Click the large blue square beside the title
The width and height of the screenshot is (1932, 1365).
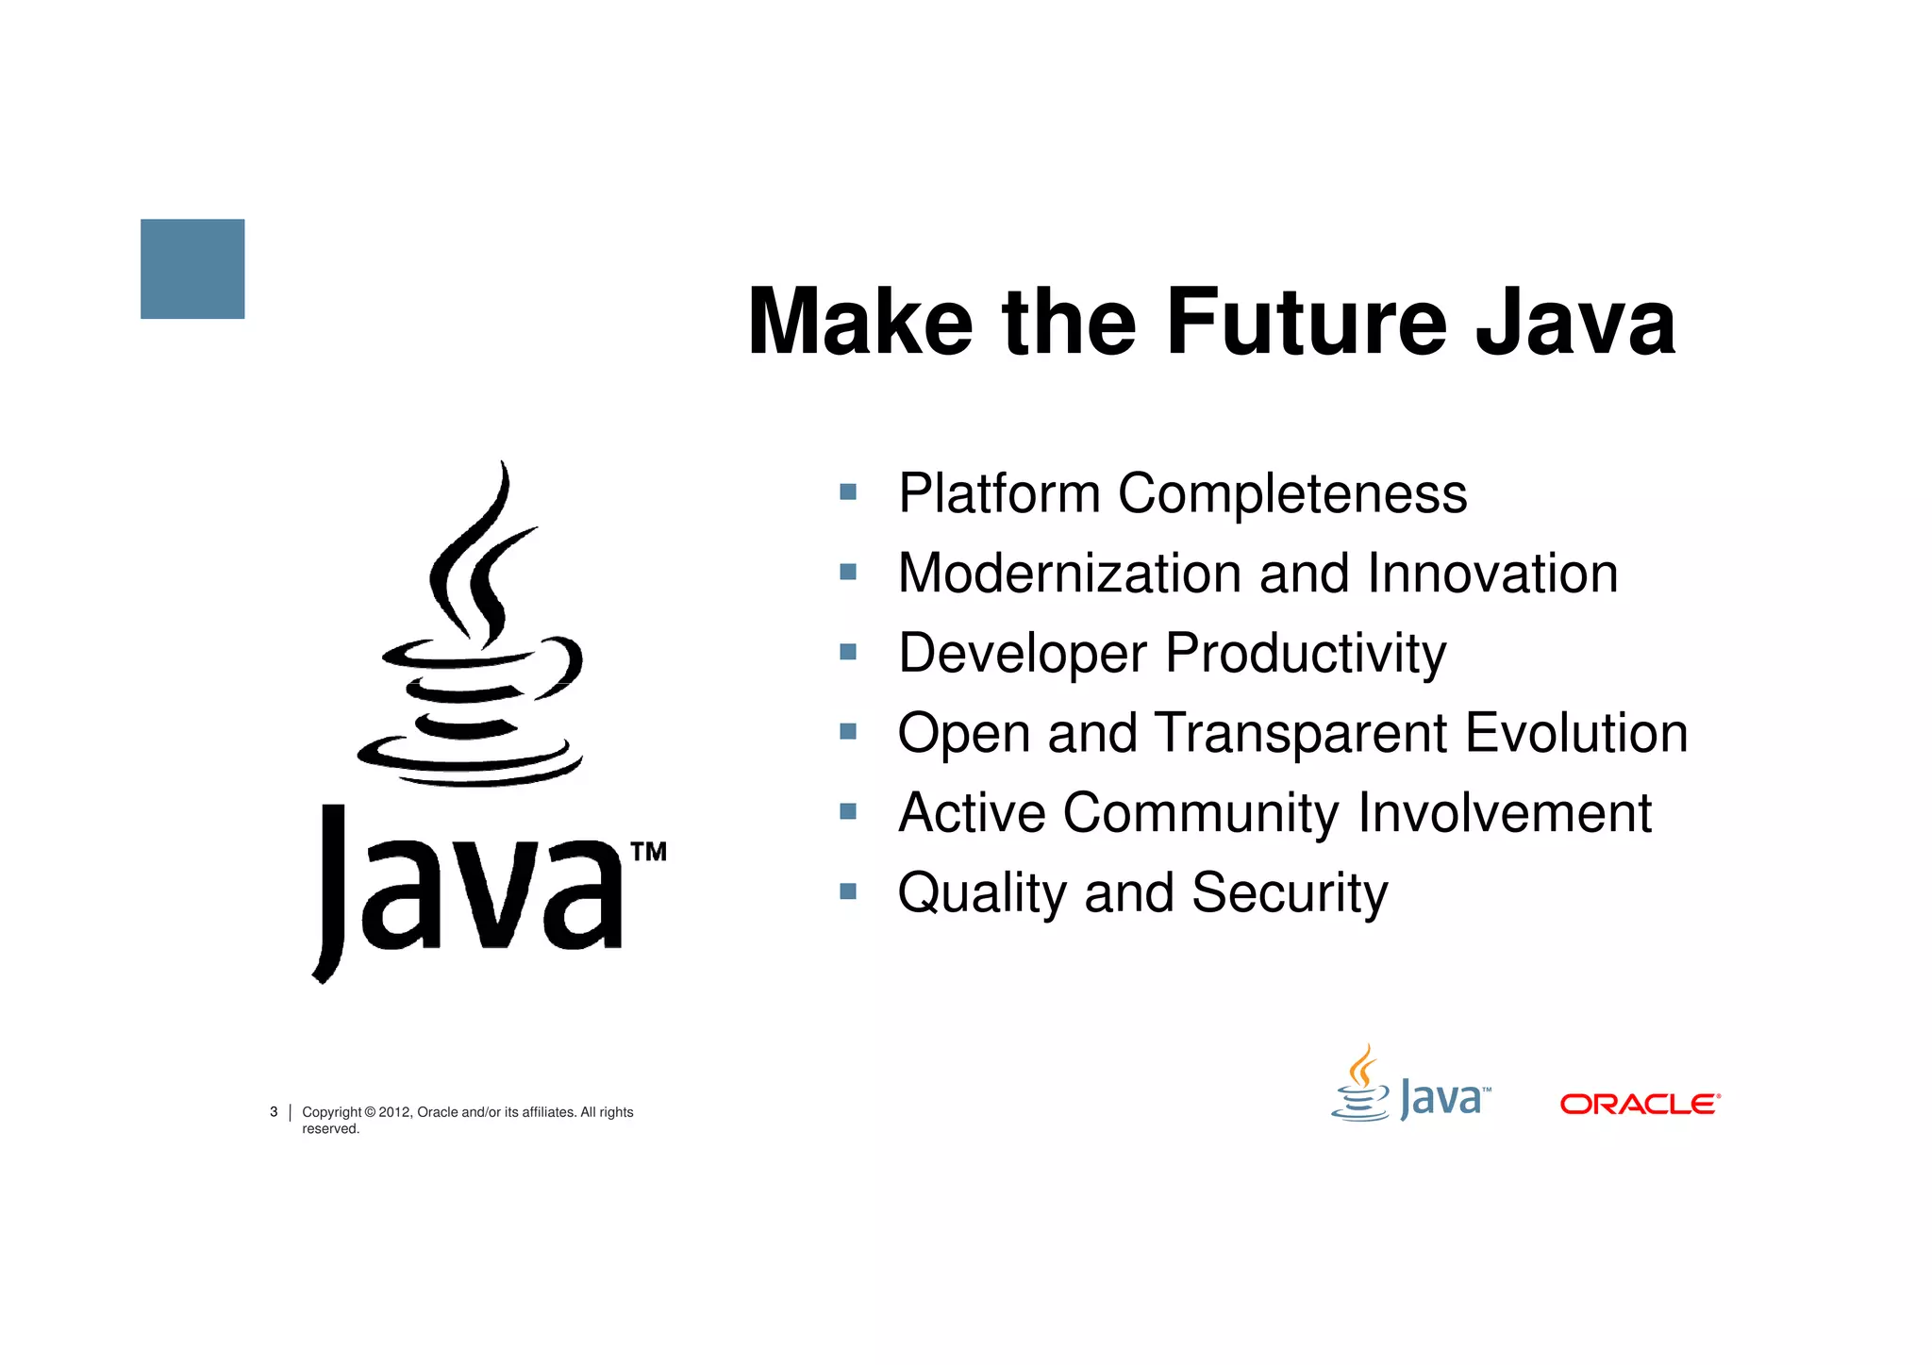coord(192,269)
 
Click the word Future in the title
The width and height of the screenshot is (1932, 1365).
coord(1306,323)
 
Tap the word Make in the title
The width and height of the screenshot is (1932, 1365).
coord(859,323)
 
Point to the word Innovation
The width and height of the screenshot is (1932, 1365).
coord(1492,574)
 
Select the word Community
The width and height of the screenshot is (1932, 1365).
coord(1200,813)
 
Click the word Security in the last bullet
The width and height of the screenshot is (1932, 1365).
coord(1290,893)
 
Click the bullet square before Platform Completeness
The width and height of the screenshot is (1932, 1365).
coord(848,491)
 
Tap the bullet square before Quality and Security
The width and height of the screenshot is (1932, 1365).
coord(848,891)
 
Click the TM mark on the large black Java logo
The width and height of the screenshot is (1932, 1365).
coord(648,852)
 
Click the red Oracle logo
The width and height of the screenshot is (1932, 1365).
coord(1640,1104)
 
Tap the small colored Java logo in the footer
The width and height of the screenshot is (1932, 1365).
coord(1410,1087)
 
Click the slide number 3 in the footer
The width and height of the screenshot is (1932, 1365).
coord(274,1112)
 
